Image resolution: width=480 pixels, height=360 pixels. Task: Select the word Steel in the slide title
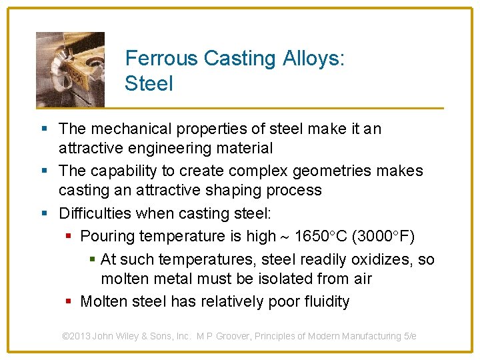tap(149, 84)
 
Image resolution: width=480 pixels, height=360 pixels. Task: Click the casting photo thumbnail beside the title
tap(70, 69)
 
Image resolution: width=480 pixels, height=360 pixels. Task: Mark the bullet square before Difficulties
tap(44, 214)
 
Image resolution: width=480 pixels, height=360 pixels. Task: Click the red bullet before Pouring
tap(70, 236)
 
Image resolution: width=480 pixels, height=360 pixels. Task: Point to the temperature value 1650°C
tap(319, 236)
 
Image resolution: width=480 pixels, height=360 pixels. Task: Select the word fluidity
tap(326, 301)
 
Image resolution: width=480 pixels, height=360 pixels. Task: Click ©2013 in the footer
tap(77, 336)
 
